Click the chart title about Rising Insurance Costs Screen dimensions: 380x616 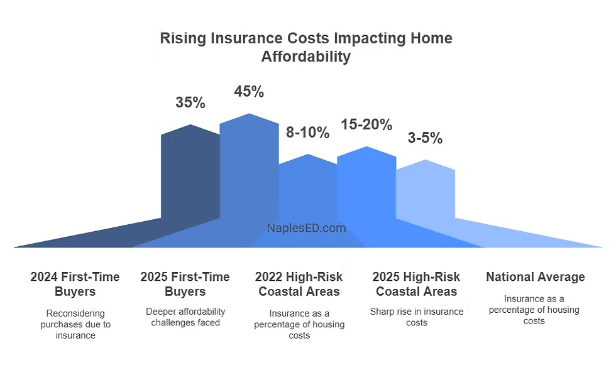[x=306, y=47]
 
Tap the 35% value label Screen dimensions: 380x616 [x=190, y=103]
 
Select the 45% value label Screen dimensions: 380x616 [x=249, y=92]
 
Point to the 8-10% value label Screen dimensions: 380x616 [x=308, y=133]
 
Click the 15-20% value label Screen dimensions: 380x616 [x=366, y=124]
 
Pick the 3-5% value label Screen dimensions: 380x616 [x=425, y=138]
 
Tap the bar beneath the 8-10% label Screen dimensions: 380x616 [x=308, y=188]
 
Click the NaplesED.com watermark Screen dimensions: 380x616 [x=307, y=229]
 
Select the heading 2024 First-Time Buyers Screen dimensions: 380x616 [x=75, y=284]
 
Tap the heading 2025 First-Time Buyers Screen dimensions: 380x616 [x=185, y=284]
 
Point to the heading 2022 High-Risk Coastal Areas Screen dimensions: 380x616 [x=299, y=284]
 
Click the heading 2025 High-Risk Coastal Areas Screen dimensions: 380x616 [x=416, y=284]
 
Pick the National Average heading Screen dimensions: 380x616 [x=536, y=277]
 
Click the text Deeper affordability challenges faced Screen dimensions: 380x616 [x=185, y=317]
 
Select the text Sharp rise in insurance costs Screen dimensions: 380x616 [x=416, y=317]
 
